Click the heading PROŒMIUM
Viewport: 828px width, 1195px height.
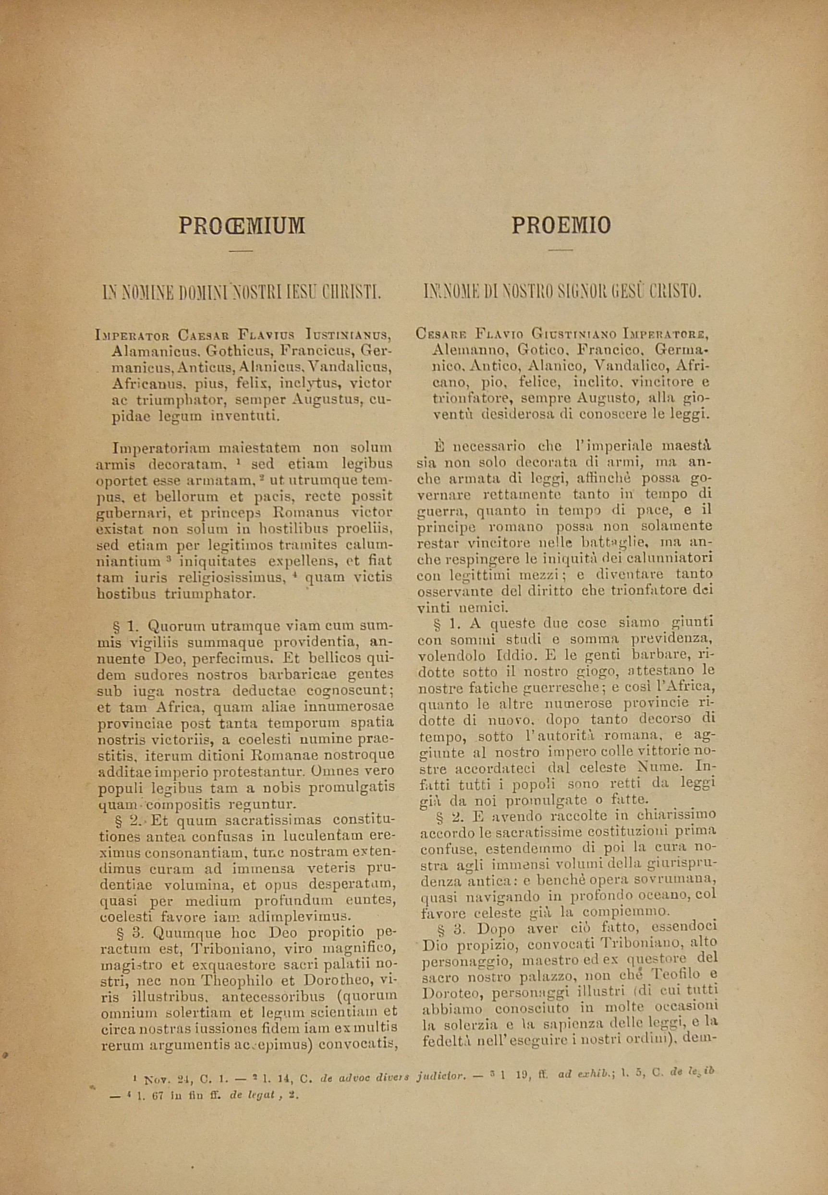tap(242, 226)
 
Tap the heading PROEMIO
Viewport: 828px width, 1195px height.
tap(561, 226)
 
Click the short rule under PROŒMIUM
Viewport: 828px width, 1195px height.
tap(241, 251)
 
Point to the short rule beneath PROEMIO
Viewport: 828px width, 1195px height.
tap(561, 251)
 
